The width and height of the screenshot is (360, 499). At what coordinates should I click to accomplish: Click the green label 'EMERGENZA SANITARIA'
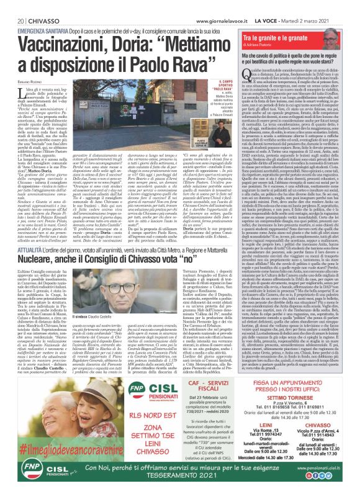(38, 13)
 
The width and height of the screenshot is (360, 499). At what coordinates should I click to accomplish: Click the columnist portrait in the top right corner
(343, 25)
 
